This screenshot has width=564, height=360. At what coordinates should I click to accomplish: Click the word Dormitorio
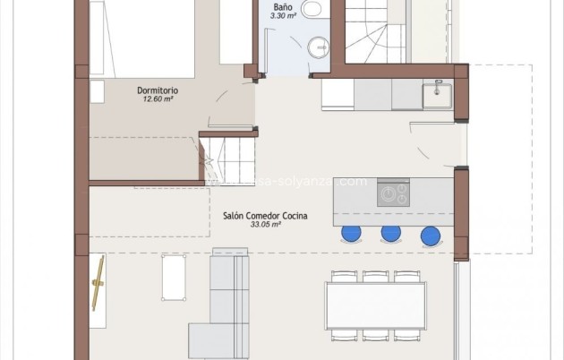158,90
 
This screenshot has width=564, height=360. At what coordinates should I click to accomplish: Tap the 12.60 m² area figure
158,99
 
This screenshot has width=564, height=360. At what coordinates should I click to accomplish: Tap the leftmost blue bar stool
351,234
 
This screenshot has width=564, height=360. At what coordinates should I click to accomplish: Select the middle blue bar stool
391,234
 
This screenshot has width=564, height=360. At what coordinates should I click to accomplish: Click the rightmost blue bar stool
432,236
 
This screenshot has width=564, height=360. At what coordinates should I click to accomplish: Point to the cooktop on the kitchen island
393,192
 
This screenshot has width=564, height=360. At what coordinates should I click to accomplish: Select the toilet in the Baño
312,9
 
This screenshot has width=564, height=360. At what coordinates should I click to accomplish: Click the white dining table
375,305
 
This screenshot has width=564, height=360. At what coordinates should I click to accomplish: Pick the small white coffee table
173,277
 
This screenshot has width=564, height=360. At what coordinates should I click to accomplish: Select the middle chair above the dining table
375,277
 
